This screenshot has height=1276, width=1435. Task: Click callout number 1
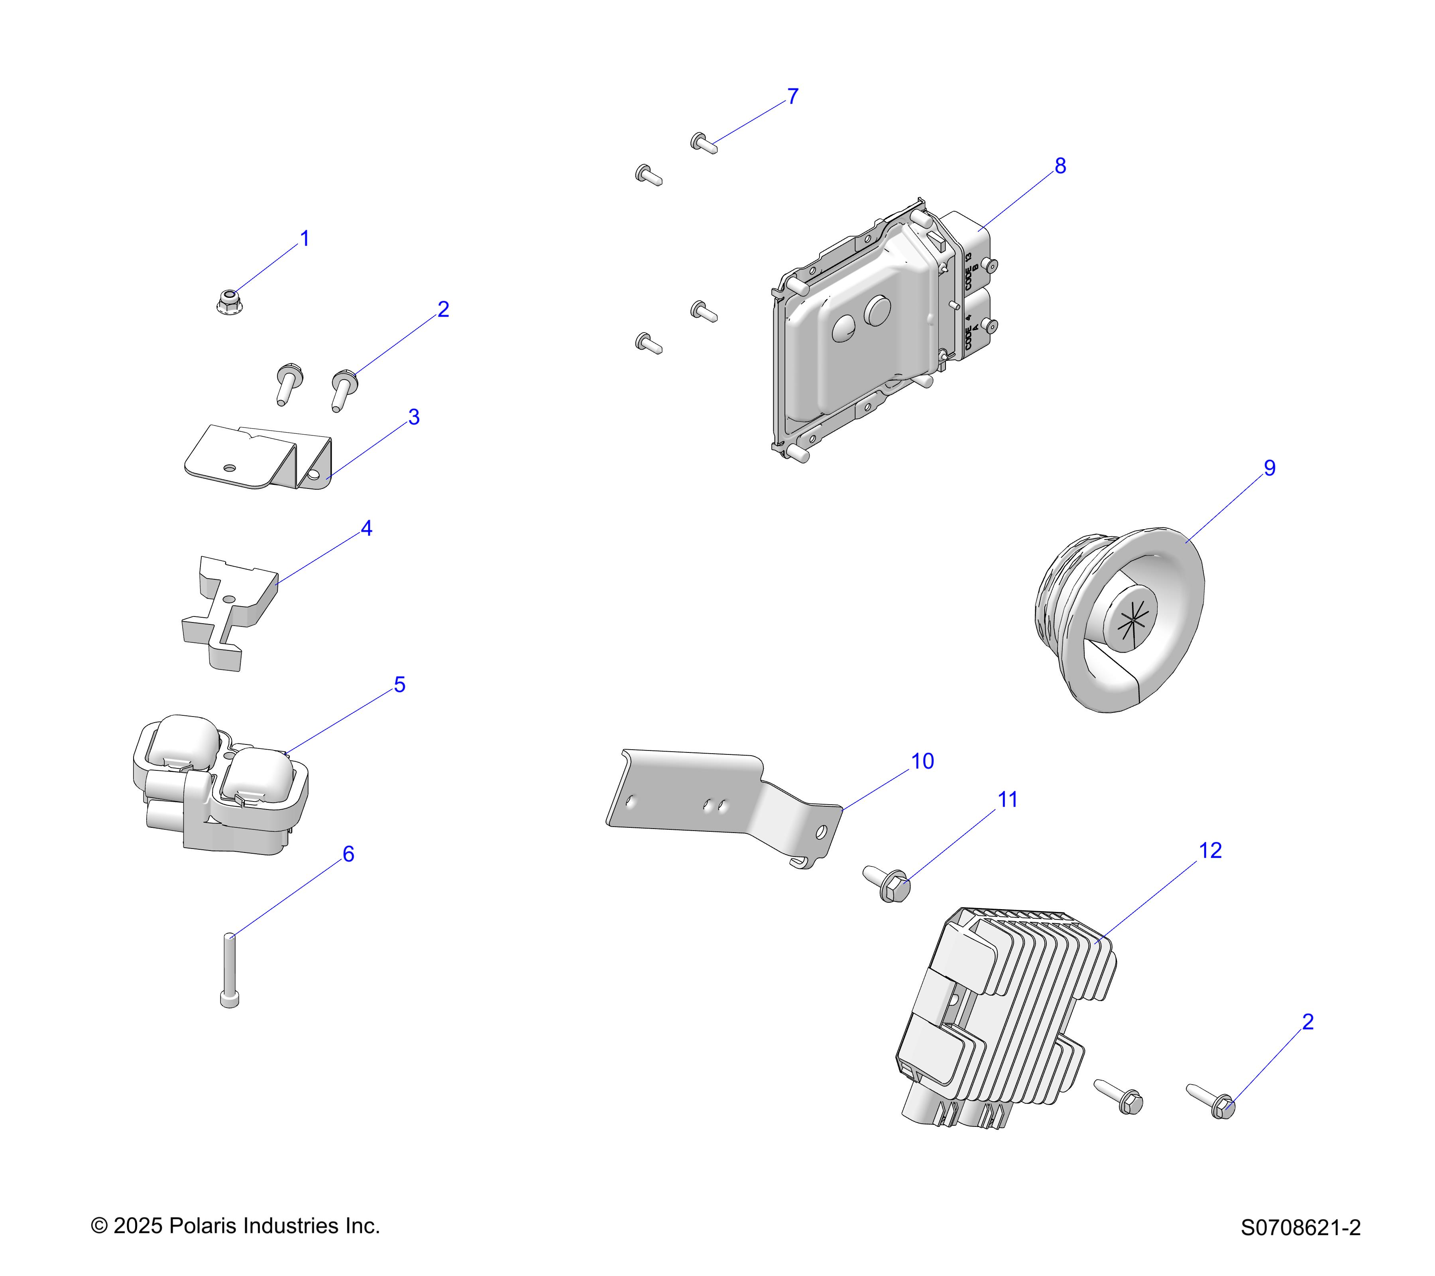click(305, 239)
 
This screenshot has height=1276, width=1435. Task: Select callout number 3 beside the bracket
click(414, 417)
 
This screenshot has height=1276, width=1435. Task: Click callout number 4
click(366, 528)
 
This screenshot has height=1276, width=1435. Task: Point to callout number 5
click(399, 685)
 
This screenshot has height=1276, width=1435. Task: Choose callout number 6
click(348, 854)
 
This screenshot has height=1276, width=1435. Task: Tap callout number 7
click(792, 96)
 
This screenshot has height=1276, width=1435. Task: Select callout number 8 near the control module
click(1060, 166)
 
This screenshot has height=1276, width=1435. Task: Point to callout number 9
click(1269, 468)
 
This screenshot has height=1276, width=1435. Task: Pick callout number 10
click(922, 761)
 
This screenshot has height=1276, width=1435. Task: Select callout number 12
click(1210, 851)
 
